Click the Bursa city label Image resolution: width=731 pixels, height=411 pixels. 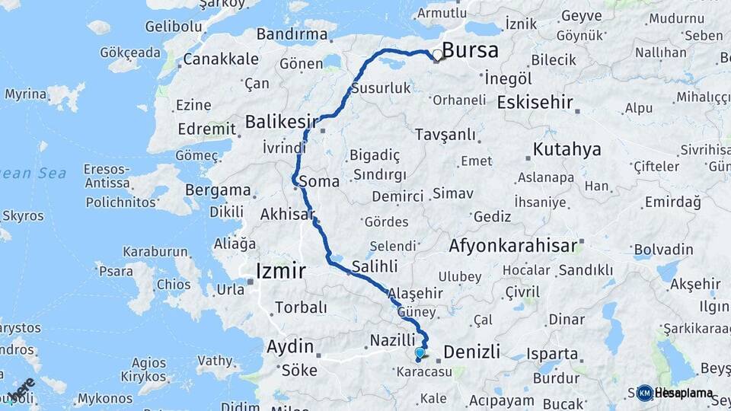(x=470, y=51)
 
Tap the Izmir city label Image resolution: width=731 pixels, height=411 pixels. (x=281, y=270)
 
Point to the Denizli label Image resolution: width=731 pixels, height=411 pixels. (x=471, y=352)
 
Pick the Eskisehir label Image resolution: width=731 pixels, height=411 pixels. (x=534, y=102)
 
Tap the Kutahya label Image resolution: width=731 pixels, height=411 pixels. (x=567, y=149)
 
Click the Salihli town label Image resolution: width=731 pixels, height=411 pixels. (x=374, y=266)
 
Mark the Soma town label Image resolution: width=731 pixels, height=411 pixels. (x=319, y=181)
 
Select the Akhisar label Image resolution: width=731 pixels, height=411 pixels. (x=287, y=215)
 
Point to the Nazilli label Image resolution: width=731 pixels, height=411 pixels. (x=392, y=339)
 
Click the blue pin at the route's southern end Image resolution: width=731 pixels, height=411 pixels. (x=420, y=353)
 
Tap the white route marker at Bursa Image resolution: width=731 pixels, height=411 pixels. (x=438, y=55)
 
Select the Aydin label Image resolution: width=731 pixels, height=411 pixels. (x=290, y=347)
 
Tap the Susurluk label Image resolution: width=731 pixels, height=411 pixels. (x=380, y=88)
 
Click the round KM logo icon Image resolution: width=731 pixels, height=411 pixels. (x=644, y=393)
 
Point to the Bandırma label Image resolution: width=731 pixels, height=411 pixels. (x=292, y=34)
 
